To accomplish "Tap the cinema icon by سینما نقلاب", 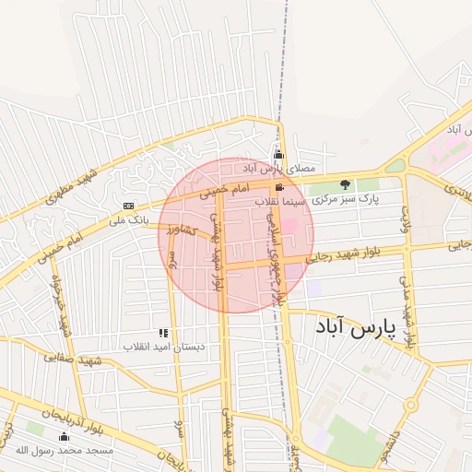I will point(280,187).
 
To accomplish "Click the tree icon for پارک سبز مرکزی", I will point(346,185).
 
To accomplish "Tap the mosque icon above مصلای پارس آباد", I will point(278,155).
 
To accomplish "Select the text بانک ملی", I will point(128,219).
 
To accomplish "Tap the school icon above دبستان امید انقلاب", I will point(163,333).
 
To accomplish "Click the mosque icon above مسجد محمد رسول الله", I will point(64,437).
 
